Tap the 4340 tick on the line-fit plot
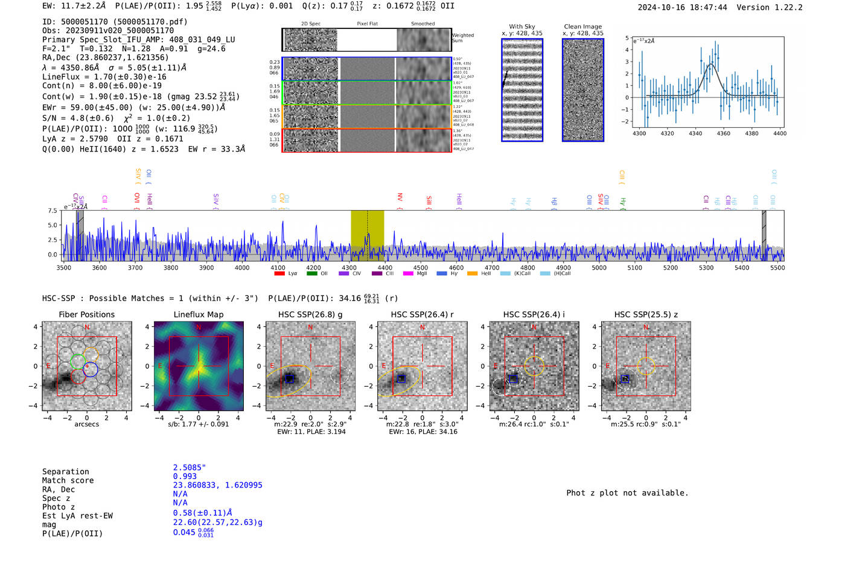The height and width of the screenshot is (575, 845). [695, 133]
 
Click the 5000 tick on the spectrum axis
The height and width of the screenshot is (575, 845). [599, 268]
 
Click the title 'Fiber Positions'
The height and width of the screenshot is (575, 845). [86, 314]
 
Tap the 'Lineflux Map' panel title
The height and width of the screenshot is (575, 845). [198, 314]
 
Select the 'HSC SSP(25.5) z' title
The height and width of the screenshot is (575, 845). [646, 314]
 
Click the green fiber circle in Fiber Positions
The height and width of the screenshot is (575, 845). [77, 361]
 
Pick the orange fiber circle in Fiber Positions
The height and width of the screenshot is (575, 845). [91, 355]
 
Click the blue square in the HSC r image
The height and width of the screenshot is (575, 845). [401, 378]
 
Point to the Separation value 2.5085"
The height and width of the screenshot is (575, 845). [189, 468]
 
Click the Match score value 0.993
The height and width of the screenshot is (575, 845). [185, 476]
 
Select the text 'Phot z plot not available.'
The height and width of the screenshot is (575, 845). [627, 493]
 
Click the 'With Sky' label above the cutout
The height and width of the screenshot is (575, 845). [521, 27]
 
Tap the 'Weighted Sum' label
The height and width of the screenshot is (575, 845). [462, 38]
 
